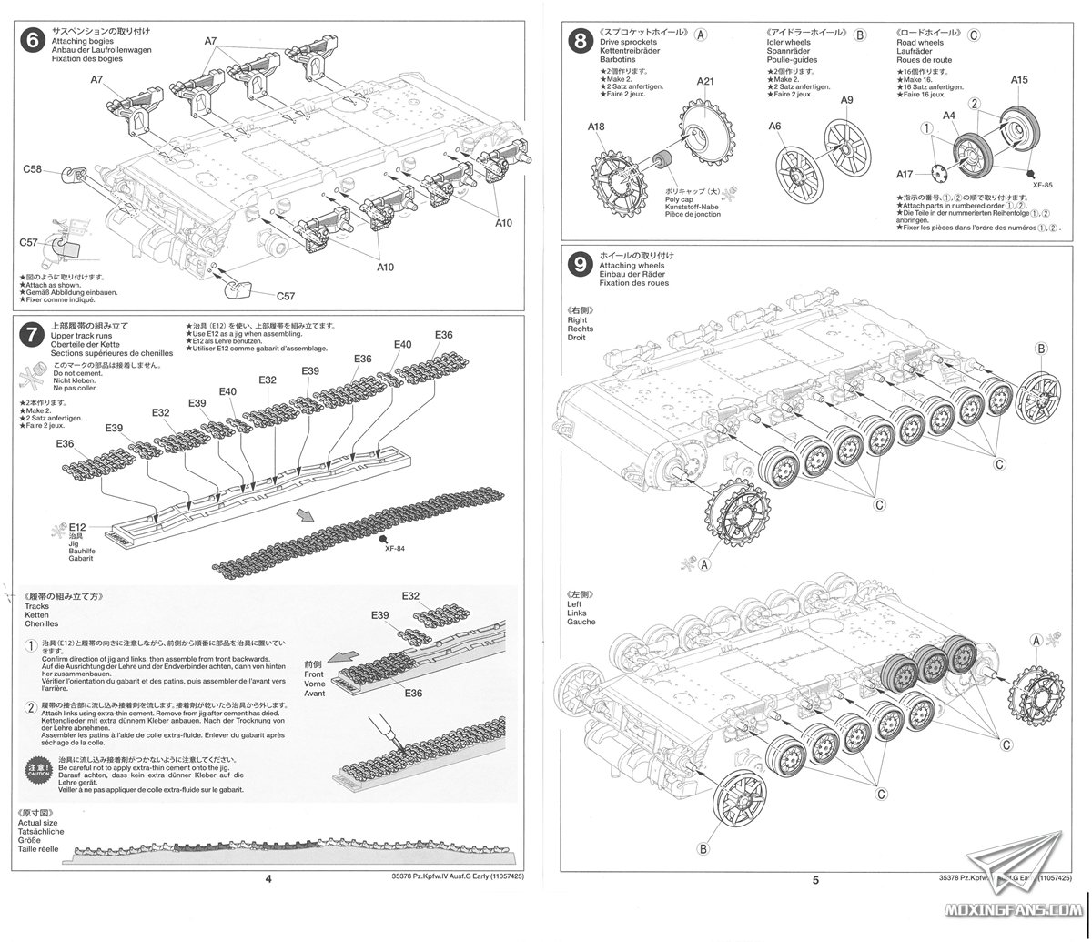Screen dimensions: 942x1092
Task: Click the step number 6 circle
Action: pyautogui.click(x=33, y=42)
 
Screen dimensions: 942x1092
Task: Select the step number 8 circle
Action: pyautogui.click(x=579, y=41)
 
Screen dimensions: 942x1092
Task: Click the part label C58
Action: pyautogui.click(x=34, y=169)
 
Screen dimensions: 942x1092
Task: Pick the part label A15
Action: pyautogui.click(x=1019, y=80)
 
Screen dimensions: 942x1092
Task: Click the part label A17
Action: pyautogui.click(x=905, y=174)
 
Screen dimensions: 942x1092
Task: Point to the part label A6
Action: pyautogui.click(x=774, y=127)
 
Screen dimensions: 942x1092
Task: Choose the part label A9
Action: pyautogui.click(x=846, y=100)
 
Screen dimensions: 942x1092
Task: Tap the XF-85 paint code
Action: pyautogui.click(x=1043, y=185)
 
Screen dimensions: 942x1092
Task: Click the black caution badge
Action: pyautogui.click(x=36, y=766)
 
